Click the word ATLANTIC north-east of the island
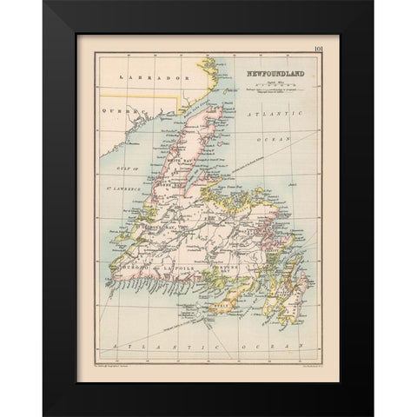(277, 114)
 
